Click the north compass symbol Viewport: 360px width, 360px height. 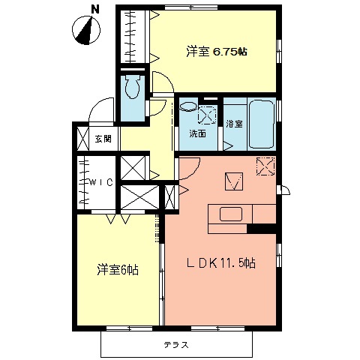coord(88,30)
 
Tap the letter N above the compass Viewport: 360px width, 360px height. coord(94,9)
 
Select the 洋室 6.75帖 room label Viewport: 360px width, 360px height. coord(217,52)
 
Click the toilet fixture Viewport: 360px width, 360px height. coord(133,88)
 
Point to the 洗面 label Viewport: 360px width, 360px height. coord(197,134)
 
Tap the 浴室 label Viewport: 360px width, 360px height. coord(234,124)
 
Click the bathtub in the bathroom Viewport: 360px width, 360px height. coord(260,123)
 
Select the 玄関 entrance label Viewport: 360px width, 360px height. coord(103,139)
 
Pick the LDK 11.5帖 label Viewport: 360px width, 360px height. coord(220,263)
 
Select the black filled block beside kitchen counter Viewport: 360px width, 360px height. coord(262,228)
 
